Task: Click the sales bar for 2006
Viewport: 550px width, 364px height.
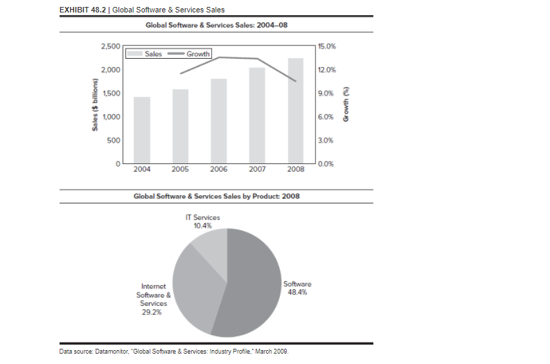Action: click(219, 121)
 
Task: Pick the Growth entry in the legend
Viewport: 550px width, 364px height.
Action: click(186, 54)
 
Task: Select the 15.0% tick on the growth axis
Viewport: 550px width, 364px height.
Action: click(326, 46)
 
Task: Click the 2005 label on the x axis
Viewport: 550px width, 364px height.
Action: click(181, 169)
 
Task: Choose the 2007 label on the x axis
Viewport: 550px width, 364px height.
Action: click(258, 169)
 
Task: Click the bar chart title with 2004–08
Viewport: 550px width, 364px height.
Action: click(216, 26)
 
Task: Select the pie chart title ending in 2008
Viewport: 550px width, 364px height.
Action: click(216, 197)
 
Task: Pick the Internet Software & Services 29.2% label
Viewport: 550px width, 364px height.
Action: click(153, 299)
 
